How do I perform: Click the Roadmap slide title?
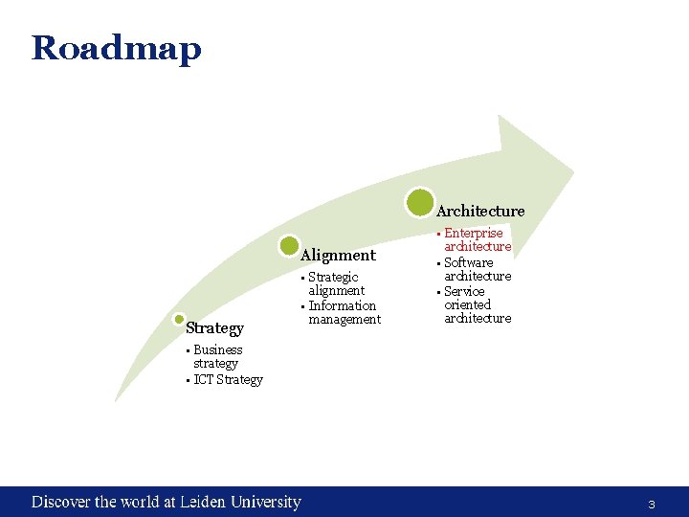[x=116, y=47]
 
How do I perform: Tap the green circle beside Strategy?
[x=177, y=320]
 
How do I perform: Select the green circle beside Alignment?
[x=289, y=246]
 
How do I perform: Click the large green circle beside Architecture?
[x=419, y=202]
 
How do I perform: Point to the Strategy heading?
[x=214, y=328]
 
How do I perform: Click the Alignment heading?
[x=338, y=256]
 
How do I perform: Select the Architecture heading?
[x=480, y=211]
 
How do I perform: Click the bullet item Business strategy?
[x=217, y=356]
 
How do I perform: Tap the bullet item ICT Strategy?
[x=227, y=380]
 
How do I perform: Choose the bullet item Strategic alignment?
[x=336, y=283]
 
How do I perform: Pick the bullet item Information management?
[x=344, y=312]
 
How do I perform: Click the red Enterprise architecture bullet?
[x=477, y=239]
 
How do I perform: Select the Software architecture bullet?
[x=477, y=269]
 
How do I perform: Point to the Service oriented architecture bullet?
[x=477, y=304]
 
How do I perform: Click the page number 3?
[x=652, y=504]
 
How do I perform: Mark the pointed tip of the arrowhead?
[x=573, y=172]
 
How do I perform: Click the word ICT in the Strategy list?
[x=203, y=380]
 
